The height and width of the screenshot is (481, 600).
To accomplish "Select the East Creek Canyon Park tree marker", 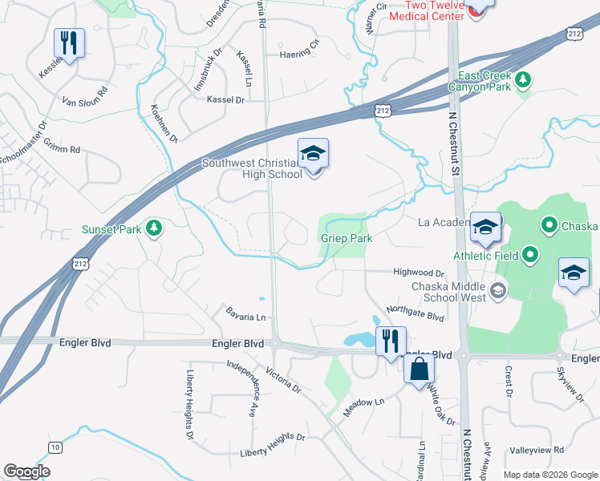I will point(523,79).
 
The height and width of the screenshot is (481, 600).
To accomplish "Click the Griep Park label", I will point(347,238).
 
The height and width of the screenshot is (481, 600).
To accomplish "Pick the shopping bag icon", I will point(420,370).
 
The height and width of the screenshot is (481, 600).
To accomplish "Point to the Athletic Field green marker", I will point(530,257).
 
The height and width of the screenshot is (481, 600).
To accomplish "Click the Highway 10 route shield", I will point(55,447).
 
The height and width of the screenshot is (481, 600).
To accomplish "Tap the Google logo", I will point(26,471).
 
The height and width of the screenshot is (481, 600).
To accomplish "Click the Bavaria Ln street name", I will point(245,312).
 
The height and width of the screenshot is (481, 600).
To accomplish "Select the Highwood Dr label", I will point(418,273).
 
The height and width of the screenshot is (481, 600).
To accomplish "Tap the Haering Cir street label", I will point(299,55).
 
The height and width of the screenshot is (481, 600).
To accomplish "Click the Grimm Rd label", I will point(63,149).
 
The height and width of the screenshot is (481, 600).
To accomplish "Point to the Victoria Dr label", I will point(282,381).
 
